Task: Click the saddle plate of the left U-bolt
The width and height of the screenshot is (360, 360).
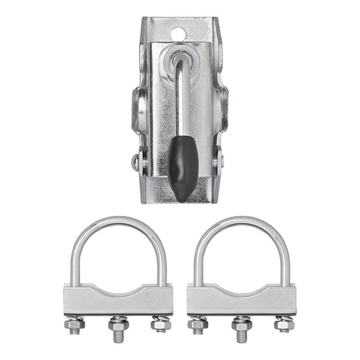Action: pos(117,302)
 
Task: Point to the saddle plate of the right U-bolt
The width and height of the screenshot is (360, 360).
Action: pos(241,302)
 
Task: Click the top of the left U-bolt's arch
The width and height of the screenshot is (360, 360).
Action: pos(117,221)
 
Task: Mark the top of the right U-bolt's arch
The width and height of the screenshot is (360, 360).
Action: pos(241,221)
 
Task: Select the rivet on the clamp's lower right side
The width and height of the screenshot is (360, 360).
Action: pos(221,161)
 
